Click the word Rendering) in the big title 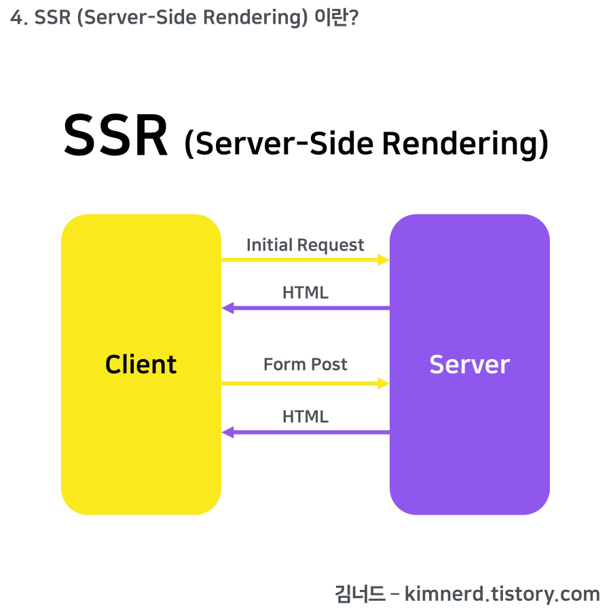pyautogui.click(x=464, y=143)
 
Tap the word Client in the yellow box pyautogui.click(x=141, y=365)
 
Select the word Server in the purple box pyautogui.click(x=469, y=365)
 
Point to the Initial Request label pyautogui.click(x=305, y=245)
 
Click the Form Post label pyautogui.click(x=305, y=365)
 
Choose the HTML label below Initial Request pyautogui.click(x=305, y=293)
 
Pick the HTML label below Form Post pyautogui.click(x=305, y=416)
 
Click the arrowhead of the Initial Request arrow pyautogui.click(x=384, y=259)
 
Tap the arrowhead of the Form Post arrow pyautogui.click(x=384, y=383)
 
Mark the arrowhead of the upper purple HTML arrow pyautogui.click(x=227, y=308)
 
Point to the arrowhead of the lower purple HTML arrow pyautogui.click(x=227, y=432)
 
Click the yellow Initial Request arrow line pyautogui.click(x=299, y=259)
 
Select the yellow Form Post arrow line pyautogui.click(x=299, y=383)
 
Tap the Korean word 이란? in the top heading pyautogui.click(x=337, y=18)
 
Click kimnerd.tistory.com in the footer pyautogui.click(x=502, y=594)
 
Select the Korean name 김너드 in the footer pyautogui.click(x=360, y=594)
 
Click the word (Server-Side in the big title pyautogui.click(x=279, y=143)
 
